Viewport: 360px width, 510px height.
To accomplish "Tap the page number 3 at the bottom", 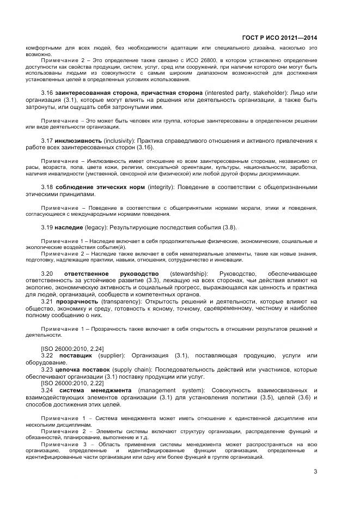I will coord(315,472).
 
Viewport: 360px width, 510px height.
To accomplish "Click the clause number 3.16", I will coord(47,94).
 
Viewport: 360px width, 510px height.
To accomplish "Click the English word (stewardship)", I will coord(188,273).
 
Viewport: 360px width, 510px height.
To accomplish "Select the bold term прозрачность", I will coord(77,301).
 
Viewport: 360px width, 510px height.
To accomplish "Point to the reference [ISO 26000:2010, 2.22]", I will coord(72,383).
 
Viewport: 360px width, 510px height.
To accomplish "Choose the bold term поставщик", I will coord(76,355).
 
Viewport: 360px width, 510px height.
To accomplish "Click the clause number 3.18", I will coord(47,187).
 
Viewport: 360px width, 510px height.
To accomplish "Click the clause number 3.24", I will coord(47,390).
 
